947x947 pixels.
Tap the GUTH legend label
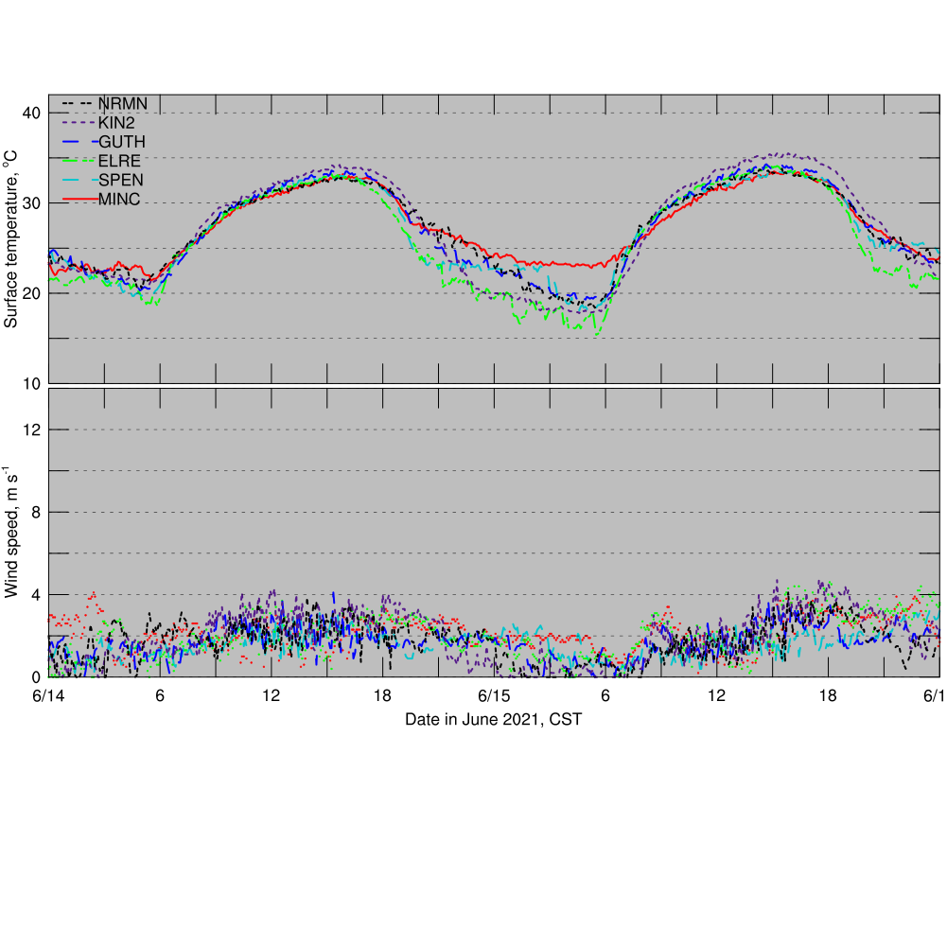[x=122, y=142]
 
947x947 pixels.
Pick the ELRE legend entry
[x=119, y=161]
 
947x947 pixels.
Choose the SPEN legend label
[x=120, y=180]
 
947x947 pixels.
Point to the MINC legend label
[x=119, y=199]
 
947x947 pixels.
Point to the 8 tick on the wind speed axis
[x=35, y=512]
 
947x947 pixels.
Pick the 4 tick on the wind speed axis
[x=35, y=594]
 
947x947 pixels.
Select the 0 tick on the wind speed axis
[x=35, y=676]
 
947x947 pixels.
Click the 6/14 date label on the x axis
[x=49, y=695]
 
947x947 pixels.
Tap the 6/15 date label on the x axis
[x=495, y=695]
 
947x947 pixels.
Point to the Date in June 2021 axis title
[x=493, y=720]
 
